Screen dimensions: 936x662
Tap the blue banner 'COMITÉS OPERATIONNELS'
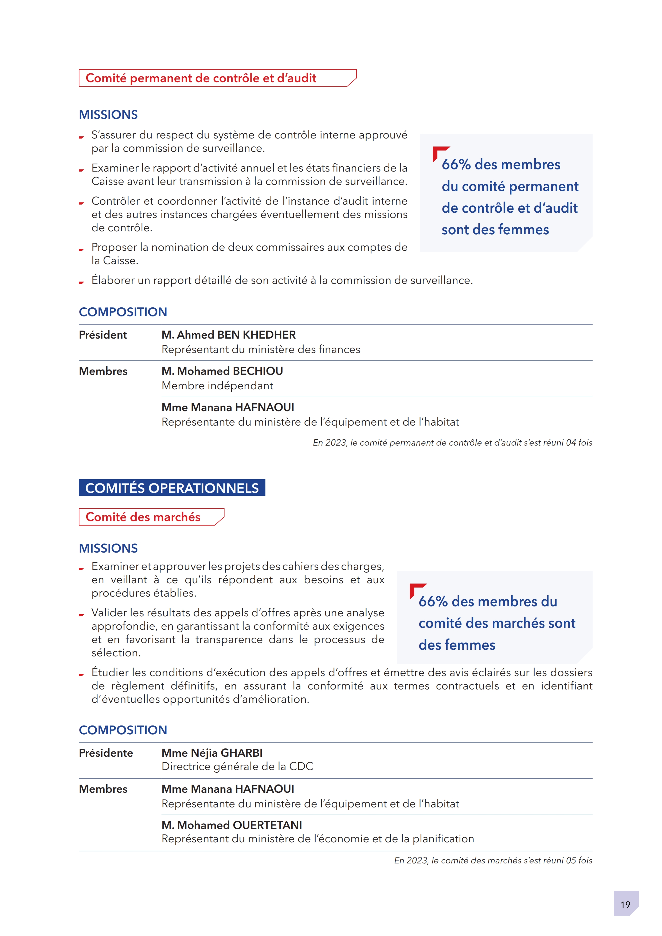coord(172,488)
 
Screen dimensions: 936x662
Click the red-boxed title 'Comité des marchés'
coord(143,517)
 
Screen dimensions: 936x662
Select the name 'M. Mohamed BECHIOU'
coord(222,371)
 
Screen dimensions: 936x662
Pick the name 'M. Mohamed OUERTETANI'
coord(232,825)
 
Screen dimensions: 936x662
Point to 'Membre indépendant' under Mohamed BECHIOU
coord(217,386)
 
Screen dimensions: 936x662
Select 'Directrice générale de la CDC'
coord(237,766)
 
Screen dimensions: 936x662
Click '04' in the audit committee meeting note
coord(571,443)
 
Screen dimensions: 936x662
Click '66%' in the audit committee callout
coord(456,165)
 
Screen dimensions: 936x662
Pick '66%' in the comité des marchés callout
coord(433,602)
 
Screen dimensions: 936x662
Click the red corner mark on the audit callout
coord(438,152)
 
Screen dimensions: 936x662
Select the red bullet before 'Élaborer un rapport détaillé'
coord(81,282)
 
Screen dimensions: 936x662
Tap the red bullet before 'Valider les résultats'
coord(81,615)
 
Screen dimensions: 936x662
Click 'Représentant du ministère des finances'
coord(261,349)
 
